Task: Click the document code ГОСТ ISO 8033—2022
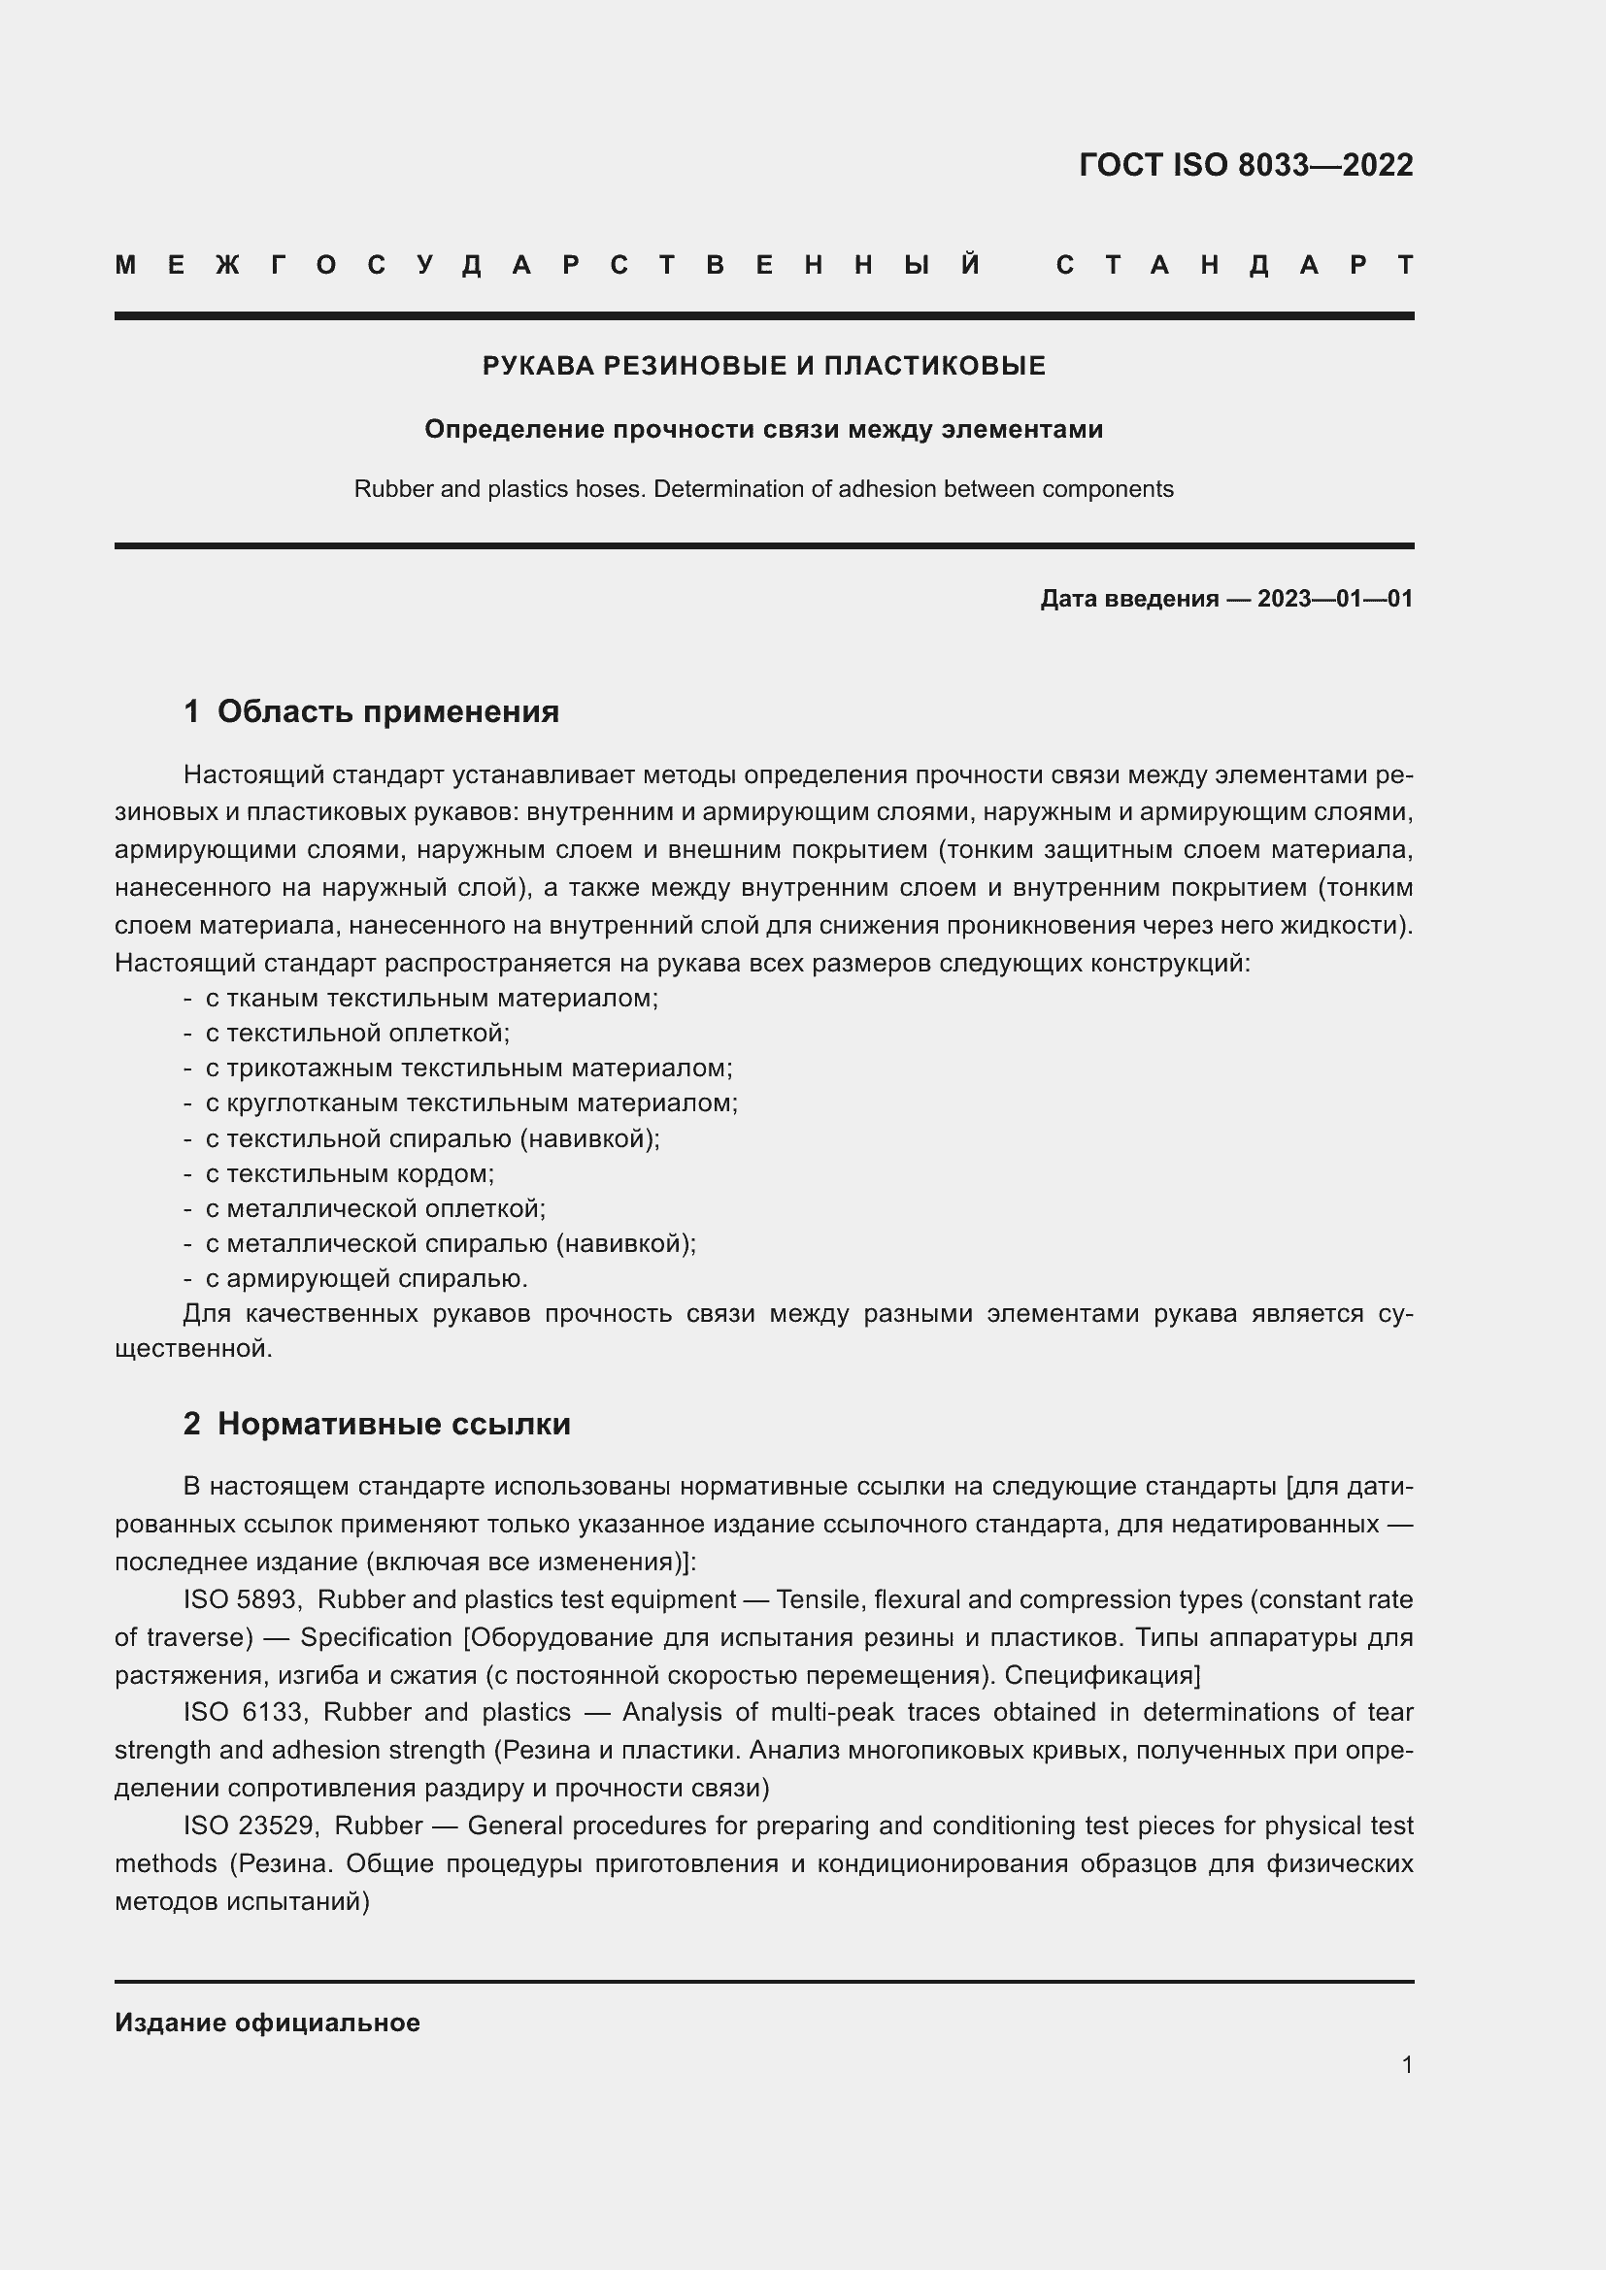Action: point(1245,165)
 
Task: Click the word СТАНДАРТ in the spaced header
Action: point(1235,266)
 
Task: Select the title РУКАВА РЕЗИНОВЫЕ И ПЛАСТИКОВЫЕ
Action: point(763,367)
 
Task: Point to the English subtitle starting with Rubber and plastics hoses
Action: point(763,489)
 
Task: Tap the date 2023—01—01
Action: point(1334,599)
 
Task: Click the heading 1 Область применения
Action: point(372,711)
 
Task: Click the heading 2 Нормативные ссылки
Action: point(378,1424)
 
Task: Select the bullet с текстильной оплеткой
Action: point(357,1034)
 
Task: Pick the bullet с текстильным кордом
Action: point(350,1173)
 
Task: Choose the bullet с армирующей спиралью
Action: point(366,1278)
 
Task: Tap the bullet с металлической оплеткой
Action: point(375,1208)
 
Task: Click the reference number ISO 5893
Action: point(242,1599)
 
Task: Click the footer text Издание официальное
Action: point(267,2023)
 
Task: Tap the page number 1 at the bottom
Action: point(1406,2064)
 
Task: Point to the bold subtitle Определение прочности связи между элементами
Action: point(763,430)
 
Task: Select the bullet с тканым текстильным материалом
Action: point(431,998)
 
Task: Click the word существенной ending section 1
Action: point(192,1349)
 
